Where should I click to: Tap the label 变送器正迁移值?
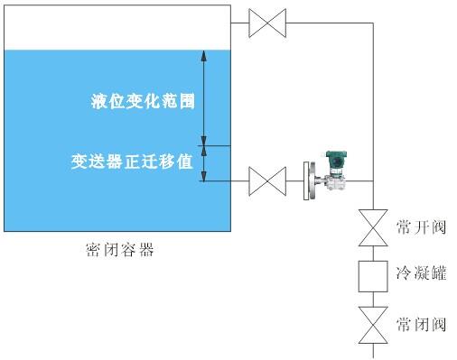pos(133,163)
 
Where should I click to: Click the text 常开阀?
pos(421,226)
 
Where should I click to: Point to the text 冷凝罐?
pos(421,272)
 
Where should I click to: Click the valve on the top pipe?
pos(268,23)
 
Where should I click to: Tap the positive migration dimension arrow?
pos(204,162)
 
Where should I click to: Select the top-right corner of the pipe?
pos(372,23)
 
